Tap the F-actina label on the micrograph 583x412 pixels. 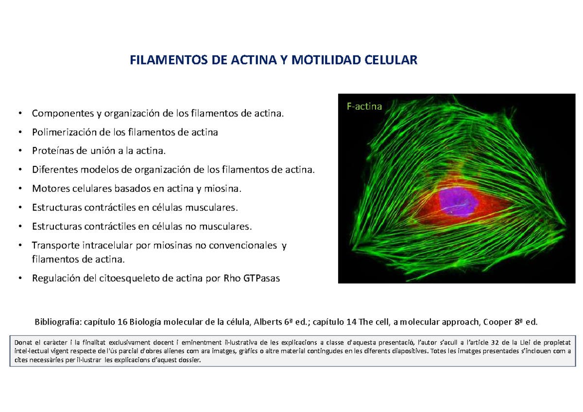tap(364, 106)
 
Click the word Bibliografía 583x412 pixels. tap(57, 322)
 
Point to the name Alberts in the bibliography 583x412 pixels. tap(266, 322)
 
